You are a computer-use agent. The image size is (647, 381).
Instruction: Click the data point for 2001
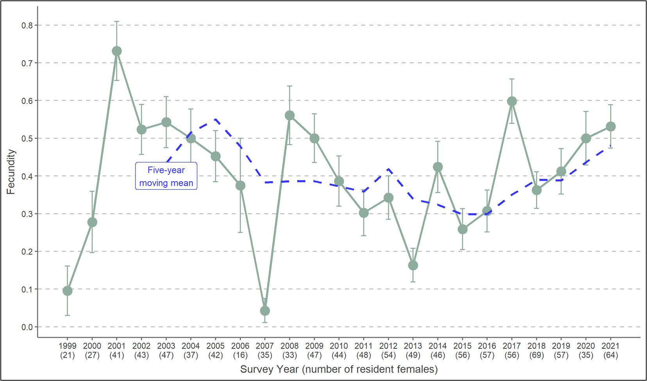tap(117, 51)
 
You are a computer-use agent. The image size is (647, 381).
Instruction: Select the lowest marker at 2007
tap(265, 311)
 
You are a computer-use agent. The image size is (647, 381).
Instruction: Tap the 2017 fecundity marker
tap(512, 101)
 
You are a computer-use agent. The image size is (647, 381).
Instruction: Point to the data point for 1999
tap(68, 291)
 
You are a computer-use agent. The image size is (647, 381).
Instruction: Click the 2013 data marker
tap(413, 265)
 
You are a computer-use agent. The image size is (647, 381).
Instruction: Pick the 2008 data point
tap(290, 116)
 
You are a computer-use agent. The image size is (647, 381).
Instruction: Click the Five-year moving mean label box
tap(166, 176)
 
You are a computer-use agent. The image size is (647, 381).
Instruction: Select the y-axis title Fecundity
tap(11, 172)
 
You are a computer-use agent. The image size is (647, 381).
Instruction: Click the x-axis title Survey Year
tap(339, 369)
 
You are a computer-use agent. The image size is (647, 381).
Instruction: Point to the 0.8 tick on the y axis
tap(27, 25)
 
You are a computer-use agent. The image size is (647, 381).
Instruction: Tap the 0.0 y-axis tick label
tap(27, 327)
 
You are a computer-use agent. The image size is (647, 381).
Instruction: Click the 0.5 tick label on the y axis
tap(27, 139)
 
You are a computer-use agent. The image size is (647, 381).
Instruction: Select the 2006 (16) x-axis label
tap(240, 351)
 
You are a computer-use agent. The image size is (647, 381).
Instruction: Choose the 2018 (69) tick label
tap(536, 351)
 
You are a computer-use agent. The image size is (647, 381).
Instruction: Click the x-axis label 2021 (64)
tap(610, 351)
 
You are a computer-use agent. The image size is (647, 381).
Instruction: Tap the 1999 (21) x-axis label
tap(68, 351)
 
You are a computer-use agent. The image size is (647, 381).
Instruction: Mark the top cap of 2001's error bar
tap(117, 21)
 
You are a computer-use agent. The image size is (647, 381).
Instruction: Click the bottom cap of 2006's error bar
tap(240, 232)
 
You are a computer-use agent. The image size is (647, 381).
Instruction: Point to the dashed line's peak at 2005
tap(215, 119)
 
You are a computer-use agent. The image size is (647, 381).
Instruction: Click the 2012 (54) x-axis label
tap(388, 351)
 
